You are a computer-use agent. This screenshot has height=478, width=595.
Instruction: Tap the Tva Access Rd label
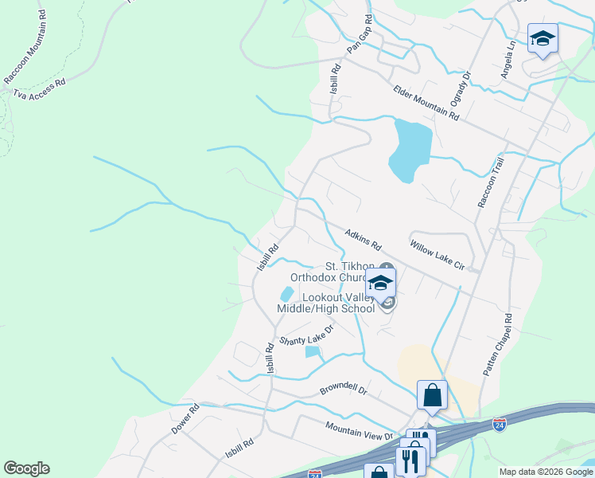39,88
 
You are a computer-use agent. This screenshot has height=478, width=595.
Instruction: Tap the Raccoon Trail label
490,182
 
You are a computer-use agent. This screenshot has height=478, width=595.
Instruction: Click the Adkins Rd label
364,237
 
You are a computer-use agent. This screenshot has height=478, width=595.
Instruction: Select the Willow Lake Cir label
437,253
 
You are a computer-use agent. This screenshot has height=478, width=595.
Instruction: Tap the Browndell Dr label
343,390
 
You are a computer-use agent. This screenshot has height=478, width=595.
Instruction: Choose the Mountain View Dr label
359,430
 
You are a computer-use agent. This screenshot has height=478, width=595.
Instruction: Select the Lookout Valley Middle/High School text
325,302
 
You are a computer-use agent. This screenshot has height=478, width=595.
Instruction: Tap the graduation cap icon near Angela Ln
542,39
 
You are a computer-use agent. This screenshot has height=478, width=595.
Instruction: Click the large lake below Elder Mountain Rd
410,149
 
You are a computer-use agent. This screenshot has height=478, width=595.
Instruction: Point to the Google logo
26,468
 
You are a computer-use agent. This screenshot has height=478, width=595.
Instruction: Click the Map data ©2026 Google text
545,472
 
